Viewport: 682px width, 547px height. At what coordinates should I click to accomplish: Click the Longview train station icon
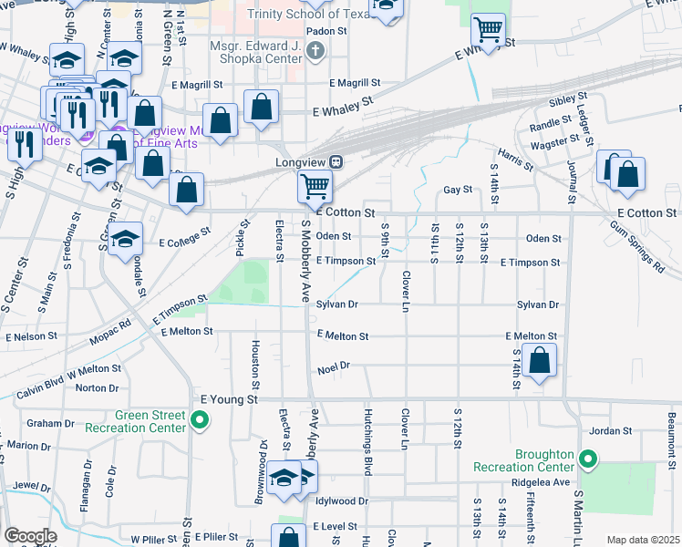point(336,162)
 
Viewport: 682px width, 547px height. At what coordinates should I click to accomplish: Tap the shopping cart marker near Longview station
point(315,187)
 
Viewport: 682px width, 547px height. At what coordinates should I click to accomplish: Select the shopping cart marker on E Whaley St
point(489,30)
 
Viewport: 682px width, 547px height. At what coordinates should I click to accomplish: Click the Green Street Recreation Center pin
point(200,420)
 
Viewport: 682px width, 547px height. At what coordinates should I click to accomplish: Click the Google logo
point(30,536)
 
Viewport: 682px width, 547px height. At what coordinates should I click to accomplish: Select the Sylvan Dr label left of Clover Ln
point(336,304)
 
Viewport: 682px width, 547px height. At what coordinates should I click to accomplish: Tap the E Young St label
point(230,399)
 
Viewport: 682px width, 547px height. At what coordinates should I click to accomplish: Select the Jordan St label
point(611,430)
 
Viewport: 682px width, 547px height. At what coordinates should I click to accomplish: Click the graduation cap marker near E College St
point(126,239)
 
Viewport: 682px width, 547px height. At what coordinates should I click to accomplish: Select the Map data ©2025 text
point(643,540)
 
